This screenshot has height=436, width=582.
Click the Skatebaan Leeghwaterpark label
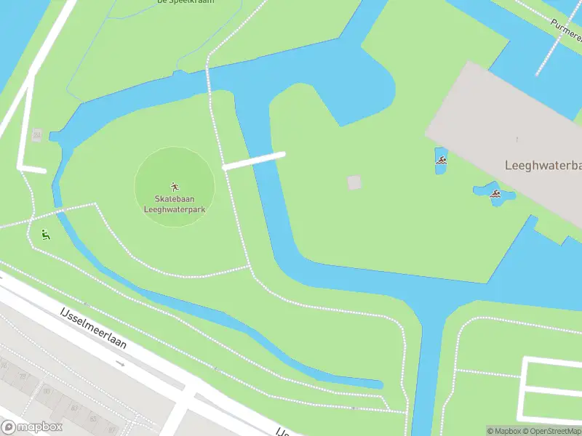[175, 204]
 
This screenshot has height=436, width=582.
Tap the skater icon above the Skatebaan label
[175, 187]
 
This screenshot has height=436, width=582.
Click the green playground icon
[45, 235]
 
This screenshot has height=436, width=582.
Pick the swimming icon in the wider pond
[495, 194]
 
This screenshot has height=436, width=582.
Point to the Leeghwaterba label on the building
[543, 166]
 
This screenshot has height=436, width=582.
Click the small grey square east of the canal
[354, 182]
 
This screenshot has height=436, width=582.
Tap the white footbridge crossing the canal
[253, 161]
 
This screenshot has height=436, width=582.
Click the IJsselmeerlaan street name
[93, 328]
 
